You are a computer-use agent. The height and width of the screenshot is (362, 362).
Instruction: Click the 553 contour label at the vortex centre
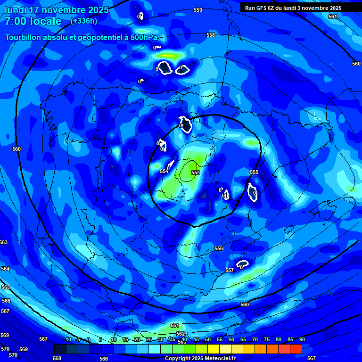[195, 173]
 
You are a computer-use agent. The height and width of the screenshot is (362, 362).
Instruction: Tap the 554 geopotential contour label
[164, 171]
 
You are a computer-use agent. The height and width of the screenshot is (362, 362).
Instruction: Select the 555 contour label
[254, 173]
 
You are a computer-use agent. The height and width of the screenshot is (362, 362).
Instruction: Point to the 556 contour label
[219, 248]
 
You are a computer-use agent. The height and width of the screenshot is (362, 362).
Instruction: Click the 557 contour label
[230, 270]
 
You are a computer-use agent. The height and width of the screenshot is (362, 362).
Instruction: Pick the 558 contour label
[211, 35]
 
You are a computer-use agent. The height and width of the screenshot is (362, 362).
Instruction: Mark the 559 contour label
[198, 10]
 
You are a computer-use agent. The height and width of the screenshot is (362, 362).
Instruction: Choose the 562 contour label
[181, 334]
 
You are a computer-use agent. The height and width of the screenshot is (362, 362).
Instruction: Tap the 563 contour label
[4, 242]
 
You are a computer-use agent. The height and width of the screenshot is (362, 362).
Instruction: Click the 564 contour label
[5, 269]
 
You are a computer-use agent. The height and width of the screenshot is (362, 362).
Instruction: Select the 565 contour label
[6, 287]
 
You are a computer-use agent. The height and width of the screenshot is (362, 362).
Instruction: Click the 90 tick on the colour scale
[302, 340]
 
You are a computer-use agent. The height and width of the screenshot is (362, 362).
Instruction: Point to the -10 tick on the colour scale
[67, 340]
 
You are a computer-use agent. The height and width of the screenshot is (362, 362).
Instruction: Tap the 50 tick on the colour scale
[208, 340]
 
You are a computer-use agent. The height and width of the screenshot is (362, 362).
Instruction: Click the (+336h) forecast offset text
[84, 21]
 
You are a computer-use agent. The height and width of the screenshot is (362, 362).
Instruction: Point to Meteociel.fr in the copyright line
[220, 359]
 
